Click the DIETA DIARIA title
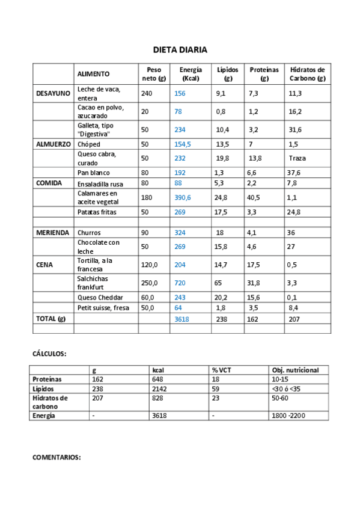(x=180, y=50)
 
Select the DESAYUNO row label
(x=53, y=93)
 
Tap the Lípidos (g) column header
(x=228, y=74)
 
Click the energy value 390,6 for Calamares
(x=183, y=197)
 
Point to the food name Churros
(x=89, y=233)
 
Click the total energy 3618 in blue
(x=182, y=319)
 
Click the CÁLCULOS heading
(x=49, y=354)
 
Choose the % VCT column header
(x=222, y=370)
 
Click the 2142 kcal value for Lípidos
(x=160, y=389)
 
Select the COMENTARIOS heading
(x=56, y=458)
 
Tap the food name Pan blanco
(x=93, y=173)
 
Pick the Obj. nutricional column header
(x=295, y=370)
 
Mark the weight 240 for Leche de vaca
(x=147, y=93)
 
